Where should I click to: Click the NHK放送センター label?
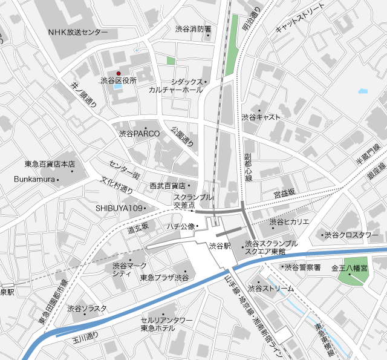pos(77,31)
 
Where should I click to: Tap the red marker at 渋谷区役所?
pos(119,73)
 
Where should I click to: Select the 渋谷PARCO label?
pos(139,133)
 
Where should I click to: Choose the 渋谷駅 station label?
pos(220,246)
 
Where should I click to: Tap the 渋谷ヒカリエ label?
pos(290,221)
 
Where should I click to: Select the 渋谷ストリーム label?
pos(272,289)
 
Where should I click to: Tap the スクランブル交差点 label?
pos(193,202)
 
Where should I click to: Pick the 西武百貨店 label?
pos(169,185)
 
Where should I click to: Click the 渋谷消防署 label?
pos(193,28)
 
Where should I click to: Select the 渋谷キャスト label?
pos(261,117)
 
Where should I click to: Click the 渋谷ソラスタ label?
pos(86,309)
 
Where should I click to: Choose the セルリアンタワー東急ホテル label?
pos(166,324)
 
